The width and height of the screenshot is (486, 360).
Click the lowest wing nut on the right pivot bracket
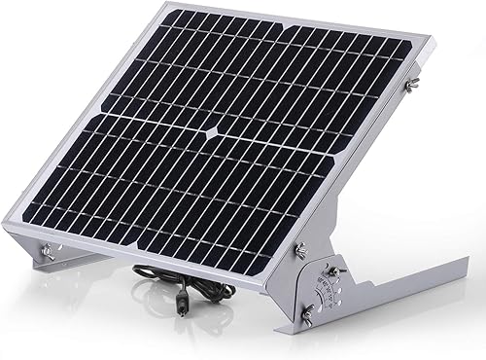click(306, 312)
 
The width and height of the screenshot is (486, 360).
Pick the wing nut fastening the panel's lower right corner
click(299, 250)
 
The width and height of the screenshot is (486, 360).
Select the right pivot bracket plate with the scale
click(316, 292)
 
